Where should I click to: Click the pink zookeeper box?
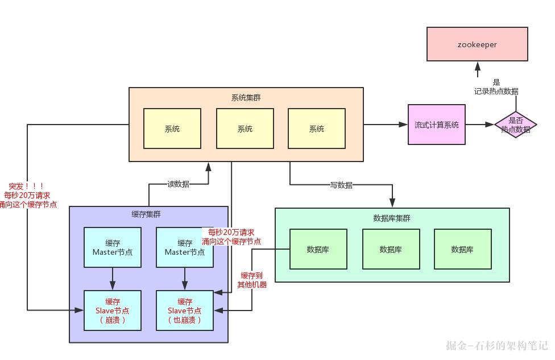(x=477, y=44)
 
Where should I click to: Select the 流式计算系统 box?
(x=436, y=125)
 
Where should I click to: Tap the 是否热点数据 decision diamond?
(x=515, y=125)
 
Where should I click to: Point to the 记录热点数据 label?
(x=496, y=91)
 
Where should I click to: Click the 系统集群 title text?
(x=246, y=97)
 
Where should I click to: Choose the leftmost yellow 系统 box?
(x=172, y=129)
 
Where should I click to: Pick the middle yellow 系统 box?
(x=245, y=129)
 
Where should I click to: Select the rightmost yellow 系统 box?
(x=316, y=129)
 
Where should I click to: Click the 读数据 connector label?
(x=178, y=184)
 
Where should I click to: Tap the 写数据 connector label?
(x=341, y=185)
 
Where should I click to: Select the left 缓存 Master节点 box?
(x=113, y=247)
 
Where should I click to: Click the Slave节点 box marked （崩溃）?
(x=113, y=310)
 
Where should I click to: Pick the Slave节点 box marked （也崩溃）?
(x=185, y=310)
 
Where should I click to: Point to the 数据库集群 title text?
(x=391, y=218)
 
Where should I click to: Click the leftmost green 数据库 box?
(x=318, y=249)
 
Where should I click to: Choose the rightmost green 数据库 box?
(x=462, y=249)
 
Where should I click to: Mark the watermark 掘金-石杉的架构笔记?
(x=496, y=345)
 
